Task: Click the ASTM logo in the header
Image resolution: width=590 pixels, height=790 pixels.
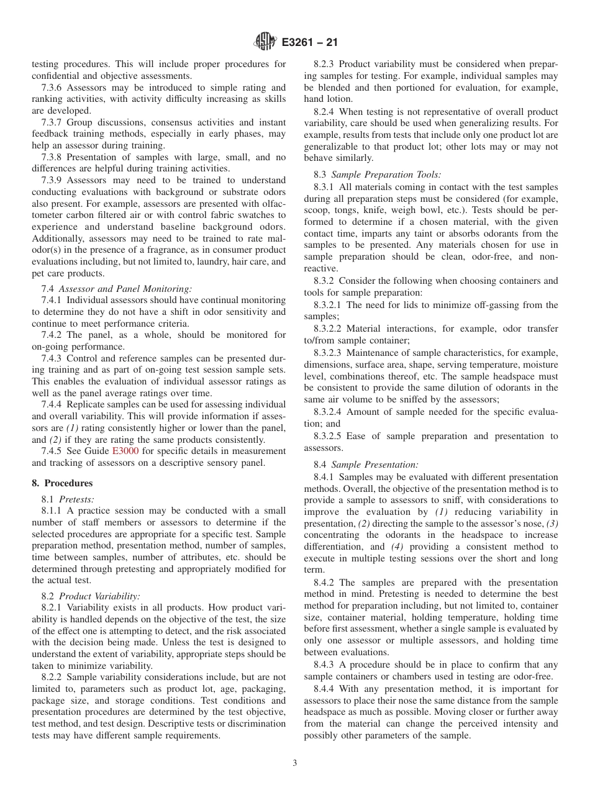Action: pos(265,43)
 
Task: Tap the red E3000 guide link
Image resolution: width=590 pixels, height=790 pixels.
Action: pos(125,451)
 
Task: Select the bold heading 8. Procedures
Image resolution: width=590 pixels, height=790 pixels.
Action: pos(62,483)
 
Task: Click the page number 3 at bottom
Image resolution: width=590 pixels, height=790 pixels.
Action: pos(295,763)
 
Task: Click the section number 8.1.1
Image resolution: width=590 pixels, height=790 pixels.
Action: pos(53,511)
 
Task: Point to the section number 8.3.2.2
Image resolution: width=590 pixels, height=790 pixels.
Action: pos(330,329)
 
